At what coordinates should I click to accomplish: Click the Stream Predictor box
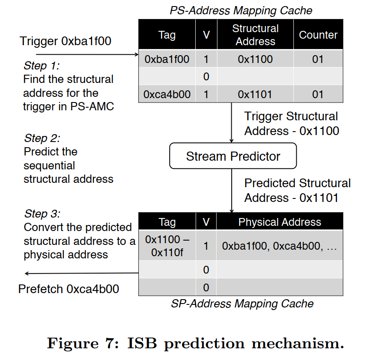tap(233, 156)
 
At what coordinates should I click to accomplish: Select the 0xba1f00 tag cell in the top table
tap(167, 59)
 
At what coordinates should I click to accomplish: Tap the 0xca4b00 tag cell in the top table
tap(167, 94)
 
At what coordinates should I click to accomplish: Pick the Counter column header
tap(318, 35)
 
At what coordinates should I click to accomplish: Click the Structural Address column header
tap(255, 35)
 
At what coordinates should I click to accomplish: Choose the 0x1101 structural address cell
tap(255, 94)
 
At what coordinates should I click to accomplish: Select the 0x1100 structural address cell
tap(255, 59)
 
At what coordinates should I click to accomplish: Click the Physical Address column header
tap(280, 222)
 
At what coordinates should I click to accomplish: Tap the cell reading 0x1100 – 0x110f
tap(167, 246)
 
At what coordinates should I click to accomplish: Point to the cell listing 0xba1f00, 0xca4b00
tap(279, 246)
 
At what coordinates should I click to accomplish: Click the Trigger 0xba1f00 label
tap(66, 41)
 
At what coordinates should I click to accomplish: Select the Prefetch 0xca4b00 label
tap(69, 289)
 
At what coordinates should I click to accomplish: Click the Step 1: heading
tap(42, 66)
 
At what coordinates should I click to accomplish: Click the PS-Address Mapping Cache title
tap(241, 10)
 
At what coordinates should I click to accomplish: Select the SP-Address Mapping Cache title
tap(242, 303)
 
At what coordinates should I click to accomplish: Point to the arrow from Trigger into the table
tap(87, 55)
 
